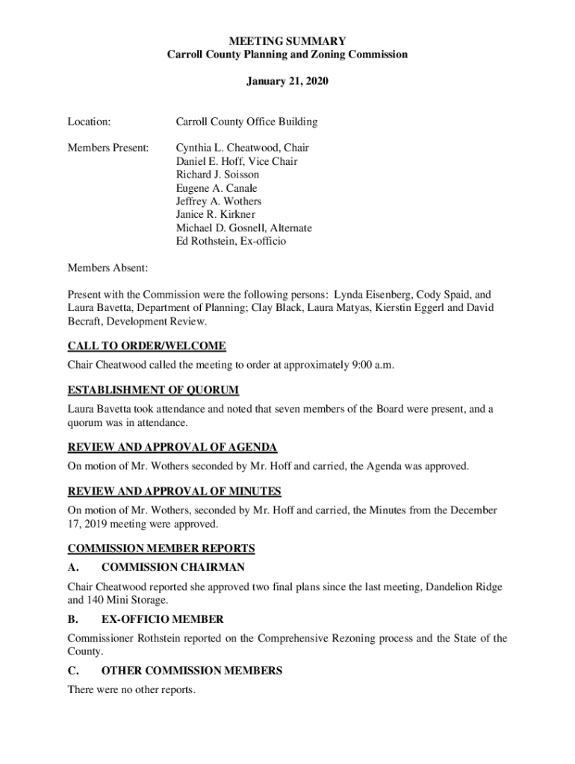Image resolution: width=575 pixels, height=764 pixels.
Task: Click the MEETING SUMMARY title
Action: click(x=287, y=41)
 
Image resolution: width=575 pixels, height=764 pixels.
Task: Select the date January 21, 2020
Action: click(x=287, y=80)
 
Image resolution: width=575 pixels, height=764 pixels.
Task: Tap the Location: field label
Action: click(x=89, y=121)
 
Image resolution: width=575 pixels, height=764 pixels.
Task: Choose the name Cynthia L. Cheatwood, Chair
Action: click(x=242, y=148)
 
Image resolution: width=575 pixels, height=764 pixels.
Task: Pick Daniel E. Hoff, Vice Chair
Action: click(x=237, y=161)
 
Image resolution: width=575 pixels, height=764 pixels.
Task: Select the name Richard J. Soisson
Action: click(x=217, y=175)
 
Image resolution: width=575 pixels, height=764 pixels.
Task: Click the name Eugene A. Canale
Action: click(x=215, y=188)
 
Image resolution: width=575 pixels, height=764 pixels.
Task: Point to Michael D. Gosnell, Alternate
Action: click(x=243, y=228)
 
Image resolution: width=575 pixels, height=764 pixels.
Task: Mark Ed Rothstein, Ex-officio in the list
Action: click(x=231, y=242)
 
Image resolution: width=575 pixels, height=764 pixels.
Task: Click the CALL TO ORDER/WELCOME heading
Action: click(x=146, y=346)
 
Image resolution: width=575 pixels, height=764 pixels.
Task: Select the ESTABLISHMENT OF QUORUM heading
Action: click(x=153, y=389)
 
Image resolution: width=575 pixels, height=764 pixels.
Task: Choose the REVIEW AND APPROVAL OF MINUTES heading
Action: click(x=174, y=491)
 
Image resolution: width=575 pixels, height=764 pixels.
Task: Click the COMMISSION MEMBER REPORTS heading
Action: click(x=161, y=548)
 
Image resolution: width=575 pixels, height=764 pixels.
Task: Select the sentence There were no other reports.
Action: click(x=131, y=689)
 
